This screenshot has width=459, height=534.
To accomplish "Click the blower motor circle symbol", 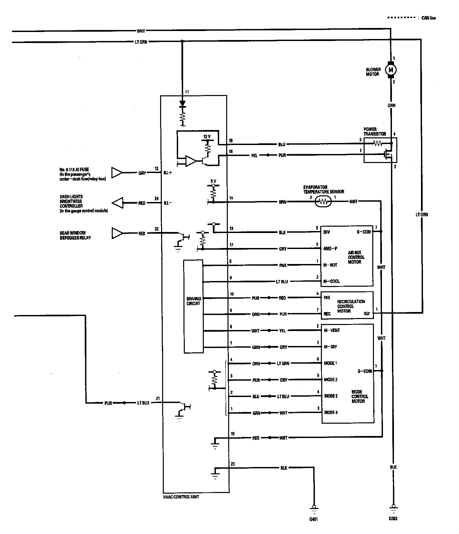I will pos(391,70).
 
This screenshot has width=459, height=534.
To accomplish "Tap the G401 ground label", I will pos(313,519).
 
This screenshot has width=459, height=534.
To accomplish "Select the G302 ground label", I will pos(393,519).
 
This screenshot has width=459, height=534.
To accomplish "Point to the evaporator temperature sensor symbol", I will pos(323,201).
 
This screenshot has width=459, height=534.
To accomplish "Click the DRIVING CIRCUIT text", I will pos(193,301).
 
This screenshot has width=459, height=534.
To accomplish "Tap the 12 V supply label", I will pos(207,137).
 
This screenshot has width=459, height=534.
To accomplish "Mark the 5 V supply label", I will pos(213,181).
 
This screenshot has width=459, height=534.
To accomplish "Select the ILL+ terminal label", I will pos(167,173).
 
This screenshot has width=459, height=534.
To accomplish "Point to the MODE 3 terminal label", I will pos(331,396).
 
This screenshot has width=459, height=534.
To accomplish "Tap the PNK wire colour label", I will pos(283,265).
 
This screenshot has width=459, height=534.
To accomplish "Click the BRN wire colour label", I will pos(283,202).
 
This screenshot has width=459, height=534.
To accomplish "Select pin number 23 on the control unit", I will pos(233,464).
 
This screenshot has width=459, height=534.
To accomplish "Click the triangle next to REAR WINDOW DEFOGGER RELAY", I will pos(117,233).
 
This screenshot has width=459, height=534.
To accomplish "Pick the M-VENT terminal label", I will pos(332,330).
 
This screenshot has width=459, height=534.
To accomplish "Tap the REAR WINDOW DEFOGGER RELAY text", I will pos(75,235).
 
